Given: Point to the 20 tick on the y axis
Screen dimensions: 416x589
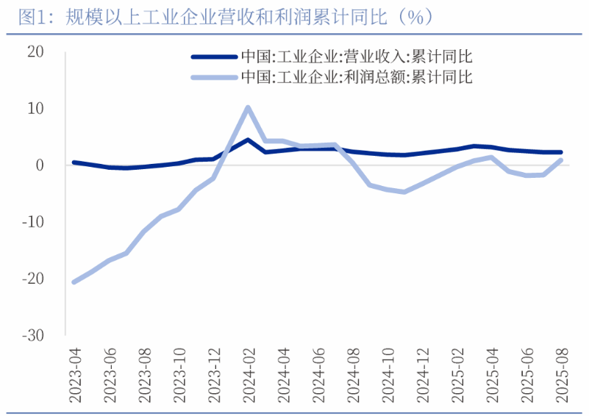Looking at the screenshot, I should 35,51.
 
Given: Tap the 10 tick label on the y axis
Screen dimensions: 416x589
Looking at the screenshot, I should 36,108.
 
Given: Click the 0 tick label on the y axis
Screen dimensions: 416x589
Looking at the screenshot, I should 40,165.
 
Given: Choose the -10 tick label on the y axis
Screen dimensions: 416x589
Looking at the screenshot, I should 32,222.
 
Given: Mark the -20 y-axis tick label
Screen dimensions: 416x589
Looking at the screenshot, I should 32,279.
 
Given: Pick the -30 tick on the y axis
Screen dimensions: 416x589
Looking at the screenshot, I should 32,335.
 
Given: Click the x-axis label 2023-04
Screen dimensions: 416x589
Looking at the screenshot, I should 74,376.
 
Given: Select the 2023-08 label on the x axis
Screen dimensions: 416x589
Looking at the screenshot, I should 144,376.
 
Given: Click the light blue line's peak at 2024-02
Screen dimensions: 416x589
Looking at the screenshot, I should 248,107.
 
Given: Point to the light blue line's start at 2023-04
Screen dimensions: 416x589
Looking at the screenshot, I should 74,281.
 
